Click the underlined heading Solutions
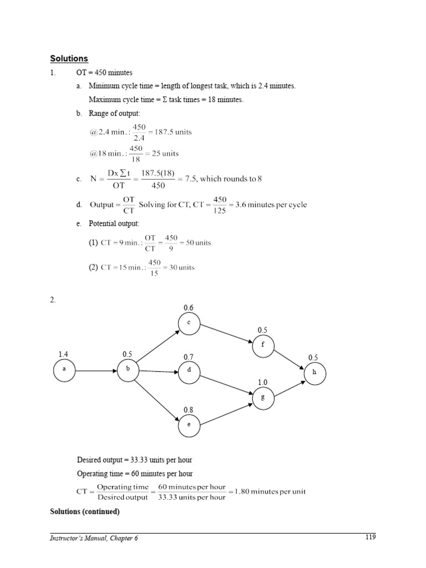[x=69, y=58]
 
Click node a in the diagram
[x=64, y=372]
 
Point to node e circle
[x=189, y=425]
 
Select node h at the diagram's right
[x=315, y=373]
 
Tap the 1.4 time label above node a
[x=64, y=353]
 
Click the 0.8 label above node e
[x=189, y=409]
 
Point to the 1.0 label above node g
[x=263, y=382]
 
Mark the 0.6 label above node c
[x=189, y=308]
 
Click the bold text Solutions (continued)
[x=85, y=512]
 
